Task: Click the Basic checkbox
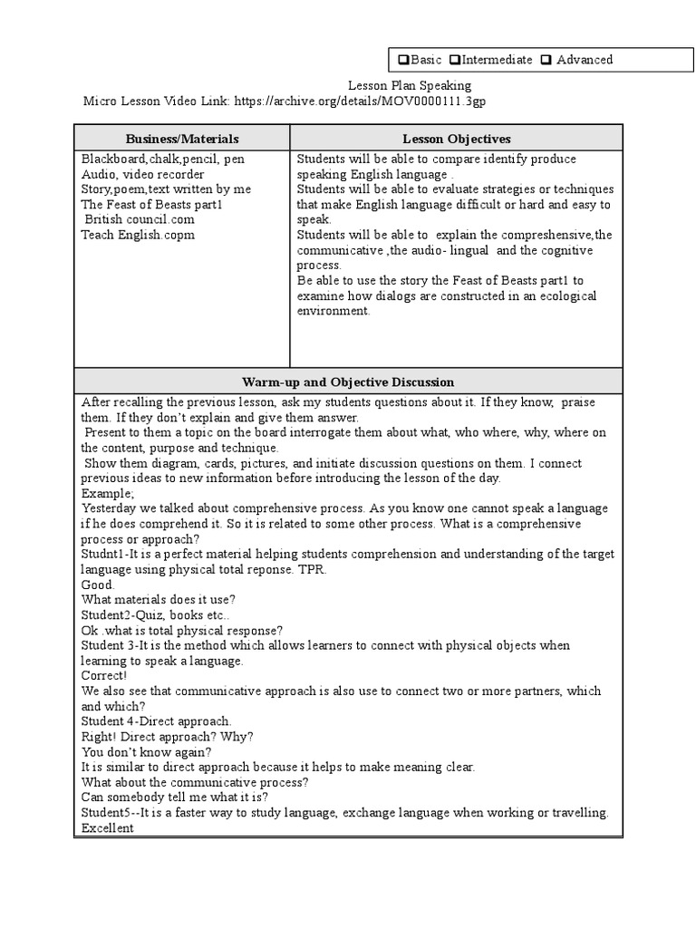point(403,61)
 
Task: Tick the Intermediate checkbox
point(456,61)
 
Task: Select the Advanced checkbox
point(546,61)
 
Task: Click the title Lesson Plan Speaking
point(410,85)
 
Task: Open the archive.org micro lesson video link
point(360,101)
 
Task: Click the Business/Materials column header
point(182,139)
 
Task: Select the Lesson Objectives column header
point(456,139)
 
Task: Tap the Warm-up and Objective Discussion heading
point(348,382)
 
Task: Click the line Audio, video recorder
point(142,174)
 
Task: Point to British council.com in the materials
point(140,219)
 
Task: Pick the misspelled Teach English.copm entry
point(138,235)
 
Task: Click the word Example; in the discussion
point(108,493)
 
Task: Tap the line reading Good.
point(98,585)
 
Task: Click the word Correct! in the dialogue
point(104,675)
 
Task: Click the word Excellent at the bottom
point(107,828)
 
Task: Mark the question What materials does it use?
point(159,599)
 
